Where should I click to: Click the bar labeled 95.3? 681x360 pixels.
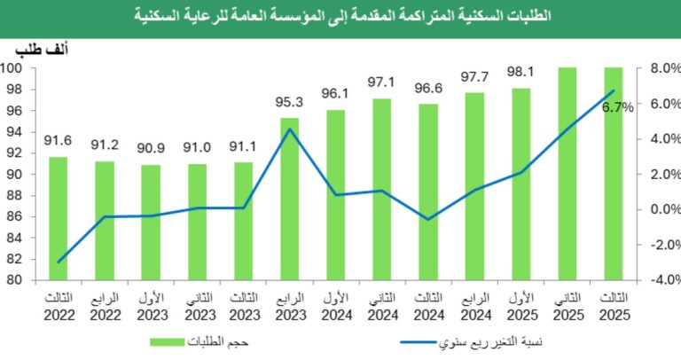pyautogui.click(x=289, y=200)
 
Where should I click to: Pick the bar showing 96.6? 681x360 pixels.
pyautogui.click(x=428, y=192)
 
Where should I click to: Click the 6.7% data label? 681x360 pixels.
pyautogui.click(x=617, y=107)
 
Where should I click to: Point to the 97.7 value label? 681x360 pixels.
pyautogui.click(x=474, y=76)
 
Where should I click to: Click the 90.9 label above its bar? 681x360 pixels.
pyautogui.click(x=151, y=148)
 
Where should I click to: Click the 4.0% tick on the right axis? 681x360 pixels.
pyautogui.click(x=664, y=138)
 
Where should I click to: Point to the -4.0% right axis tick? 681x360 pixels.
pyautogui.click(x=662, y=280)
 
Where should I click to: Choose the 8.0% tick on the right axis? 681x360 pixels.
pyautogui.click(x=664, y=68)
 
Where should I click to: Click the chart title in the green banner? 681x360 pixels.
pyautogui.click(x=340, y=15)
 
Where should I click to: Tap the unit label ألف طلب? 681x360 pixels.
pyautogui.click(x=43, y=49)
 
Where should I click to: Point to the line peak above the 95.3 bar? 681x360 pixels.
pyautogui.click(x=289, y=129)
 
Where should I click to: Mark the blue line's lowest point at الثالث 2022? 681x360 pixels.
pyautogui.click(x=58, y=262)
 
